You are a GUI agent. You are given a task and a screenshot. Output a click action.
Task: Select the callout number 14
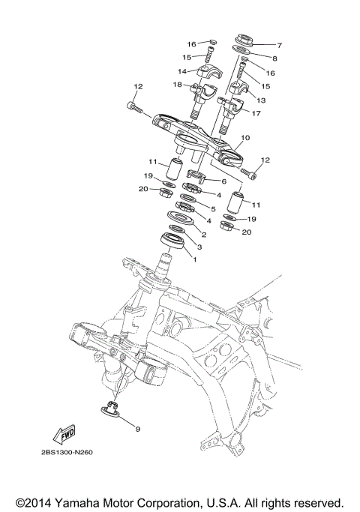click(181, 71)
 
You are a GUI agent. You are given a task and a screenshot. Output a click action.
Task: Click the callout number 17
click(257, 114)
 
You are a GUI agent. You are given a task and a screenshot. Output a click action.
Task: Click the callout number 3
click(199, 246)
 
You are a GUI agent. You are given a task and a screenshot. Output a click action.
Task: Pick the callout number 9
click(137, 429)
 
